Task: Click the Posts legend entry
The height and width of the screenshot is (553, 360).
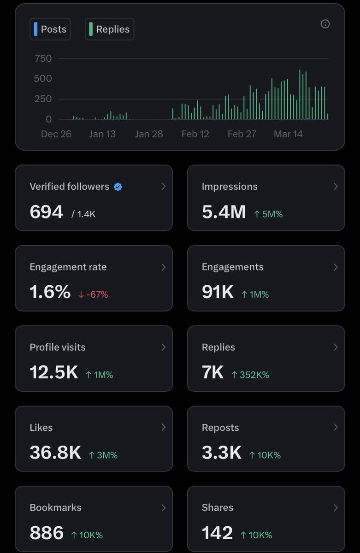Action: (50, 29)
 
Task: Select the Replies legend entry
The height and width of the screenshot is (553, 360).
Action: (110, 29)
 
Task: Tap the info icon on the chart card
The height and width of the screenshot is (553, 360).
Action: (325, 24)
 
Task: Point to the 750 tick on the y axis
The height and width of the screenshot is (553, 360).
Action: (43, 59)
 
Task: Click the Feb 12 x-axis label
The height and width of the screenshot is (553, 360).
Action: (195, 134)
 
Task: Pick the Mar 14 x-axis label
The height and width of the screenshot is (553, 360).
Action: (288, 134)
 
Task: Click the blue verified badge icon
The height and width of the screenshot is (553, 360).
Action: (118, 187)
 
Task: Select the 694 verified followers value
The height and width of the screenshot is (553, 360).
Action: (46, 212)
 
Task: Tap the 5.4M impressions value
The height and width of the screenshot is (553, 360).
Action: (224, 212)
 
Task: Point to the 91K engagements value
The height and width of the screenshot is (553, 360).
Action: (218, 292)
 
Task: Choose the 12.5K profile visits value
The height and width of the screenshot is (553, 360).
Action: (53, 372)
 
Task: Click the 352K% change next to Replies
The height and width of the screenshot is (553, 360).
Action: (250, 375)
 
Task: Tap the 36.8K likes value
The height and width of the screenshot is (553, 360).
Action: (55, 453)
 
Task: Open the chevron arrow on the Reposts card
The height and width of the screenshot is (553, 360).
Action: (335, 427)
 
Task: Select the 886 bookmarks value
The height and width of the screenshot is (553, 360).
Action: (46, 533)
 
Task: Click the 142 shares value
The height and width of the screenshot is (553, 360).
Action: (217, 533)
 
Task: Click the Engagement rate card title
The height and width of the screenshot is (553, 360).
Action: (68, 267)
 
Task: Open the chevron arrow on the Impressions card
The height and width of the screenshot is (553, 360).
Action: (335, 187)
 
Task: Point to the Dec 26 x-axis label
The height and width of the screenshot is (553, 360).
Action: (56, 134)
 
